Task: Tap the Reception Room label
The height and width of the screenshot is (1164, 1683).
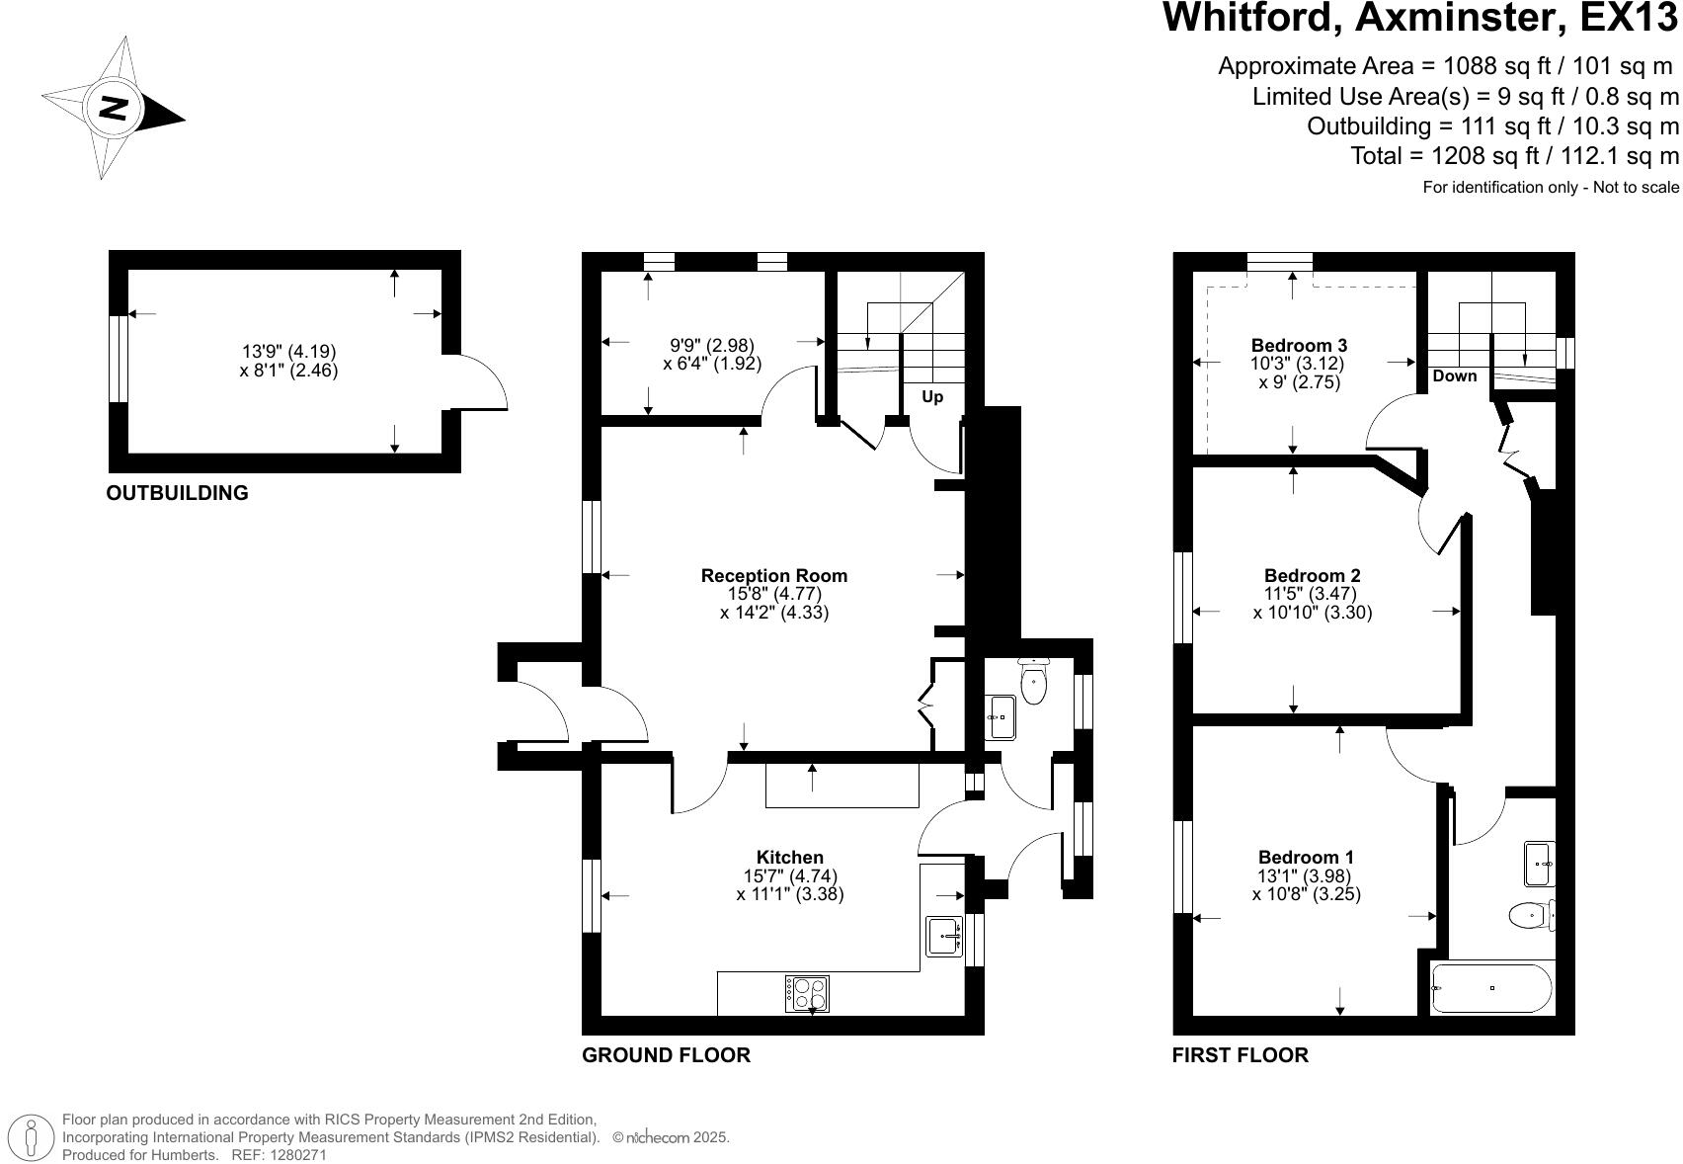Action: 773,575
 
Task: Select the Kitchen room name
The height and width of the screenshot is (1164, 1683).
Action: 789,857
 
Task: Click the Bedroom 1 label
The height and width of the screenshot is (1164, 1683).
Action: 1306,857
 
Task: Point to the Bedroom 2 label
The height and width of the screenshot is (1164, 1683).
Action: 1312,575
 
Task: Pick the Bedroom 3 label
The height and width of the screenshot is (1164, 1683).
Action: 1299,345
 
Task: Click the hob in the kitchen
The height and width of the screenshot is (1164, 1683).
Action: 808,993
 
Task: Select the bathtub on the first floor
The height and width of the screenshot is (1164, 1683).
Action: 1491,988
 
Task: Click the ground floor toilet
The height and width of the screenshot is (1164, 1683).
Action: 1033,682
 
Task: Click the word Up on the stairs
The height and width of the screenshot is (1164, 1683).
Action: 931,396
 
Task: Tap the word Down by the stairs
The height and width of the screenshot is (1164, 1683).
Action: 1454,375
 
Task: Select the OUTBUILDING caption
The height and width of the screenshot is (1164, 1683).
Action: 177,492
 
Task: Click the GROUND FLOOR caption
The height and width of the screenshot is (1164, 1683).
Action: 666,1054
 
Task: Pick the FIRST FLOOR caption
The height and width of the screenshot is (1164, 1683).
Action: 1240,1054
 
